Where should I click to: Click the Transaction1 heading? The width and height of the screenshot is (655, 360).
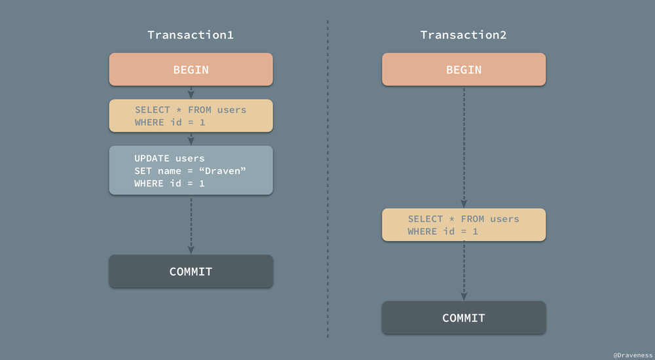(x=191, y=35)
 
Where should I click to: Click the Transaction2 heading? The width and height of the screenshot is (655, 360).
(x=464, y=35)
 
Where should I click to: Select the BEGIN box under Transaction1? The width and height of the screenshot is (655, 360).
(x=191, y=69)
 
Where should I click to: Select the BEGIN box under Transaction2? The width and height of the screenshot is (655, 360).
(x=464, y=69)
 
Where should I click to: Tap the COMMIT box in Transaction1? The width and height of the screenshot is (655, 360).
(x=191, y=271)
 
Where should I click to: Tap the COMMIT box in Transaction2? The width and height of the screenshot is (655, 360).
(x=464, y=317)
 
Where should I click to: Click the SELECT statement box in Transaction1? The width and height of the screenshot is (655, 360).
(x=191, y=116)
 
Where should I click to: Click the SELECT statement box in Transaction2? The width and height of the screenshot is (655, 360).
(x=464, y=225)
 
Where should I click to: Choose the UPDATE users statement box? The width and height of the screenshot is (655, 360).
(x=191, y=170)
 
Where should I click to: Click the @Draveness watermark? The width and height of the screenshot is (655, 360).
(x=632, y=354)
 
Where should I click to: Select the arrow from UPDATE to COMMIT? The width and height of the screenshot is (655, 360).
(x=191, y=225)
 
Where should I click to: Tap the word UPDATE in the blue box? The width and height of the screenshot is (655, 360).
(x=152, y=158)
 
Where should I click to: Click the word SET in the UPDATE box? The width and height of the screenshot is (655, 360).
(x=143, y=171)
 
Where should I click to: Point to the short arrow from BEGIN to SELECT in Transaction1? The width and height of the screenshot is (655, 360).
(x=191, y=92)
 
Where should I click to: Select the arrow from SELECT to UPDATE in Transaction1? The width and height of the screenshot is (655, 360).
(x=191, y=139)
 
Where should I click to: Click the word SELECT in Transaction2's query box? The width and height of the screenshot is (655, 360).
(x=424, y=219)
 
